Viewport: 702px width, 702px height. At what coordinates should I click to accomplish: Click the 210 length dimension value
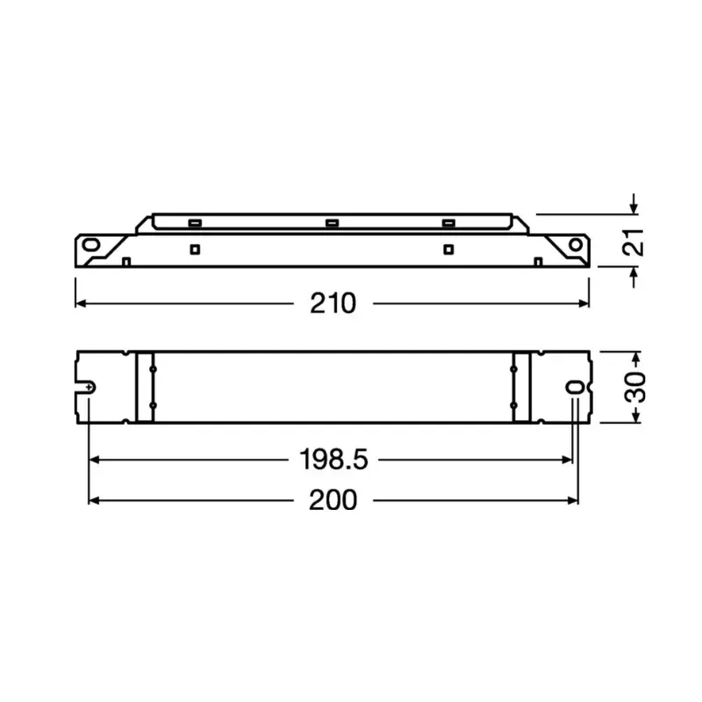point(333,304)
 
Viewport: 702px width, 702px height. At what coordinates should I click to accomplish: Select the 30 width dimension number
point(639,387)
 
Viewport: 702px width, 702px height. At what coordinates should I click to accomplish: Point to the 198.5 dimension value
point(333,459)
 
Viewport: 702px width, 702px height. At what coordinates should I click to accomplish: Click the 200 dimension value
point(333,500)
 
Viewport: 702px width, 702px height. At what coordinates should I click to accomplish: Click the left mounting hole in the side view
point(92,245)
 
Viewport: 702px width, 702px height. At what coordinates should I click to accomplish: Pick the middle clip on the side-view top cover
point(332,223)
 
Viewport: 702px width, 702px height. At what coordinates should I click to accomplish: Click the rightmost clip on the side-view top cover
point(449,223)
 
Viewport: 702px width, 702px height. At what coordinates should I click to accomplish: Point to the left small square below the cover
point(194,249)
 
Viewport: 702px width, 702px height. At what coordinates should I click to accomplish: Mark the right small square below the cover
point(448,249)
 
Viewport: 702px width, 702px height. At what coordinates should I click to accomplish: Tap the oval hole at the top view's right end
point(575,388)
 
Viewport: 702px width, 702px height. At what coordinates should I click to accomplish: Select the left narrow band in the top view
point(145,387)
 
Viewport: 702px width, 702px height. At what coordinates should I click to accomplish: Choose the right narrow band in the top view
point(521,387)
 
